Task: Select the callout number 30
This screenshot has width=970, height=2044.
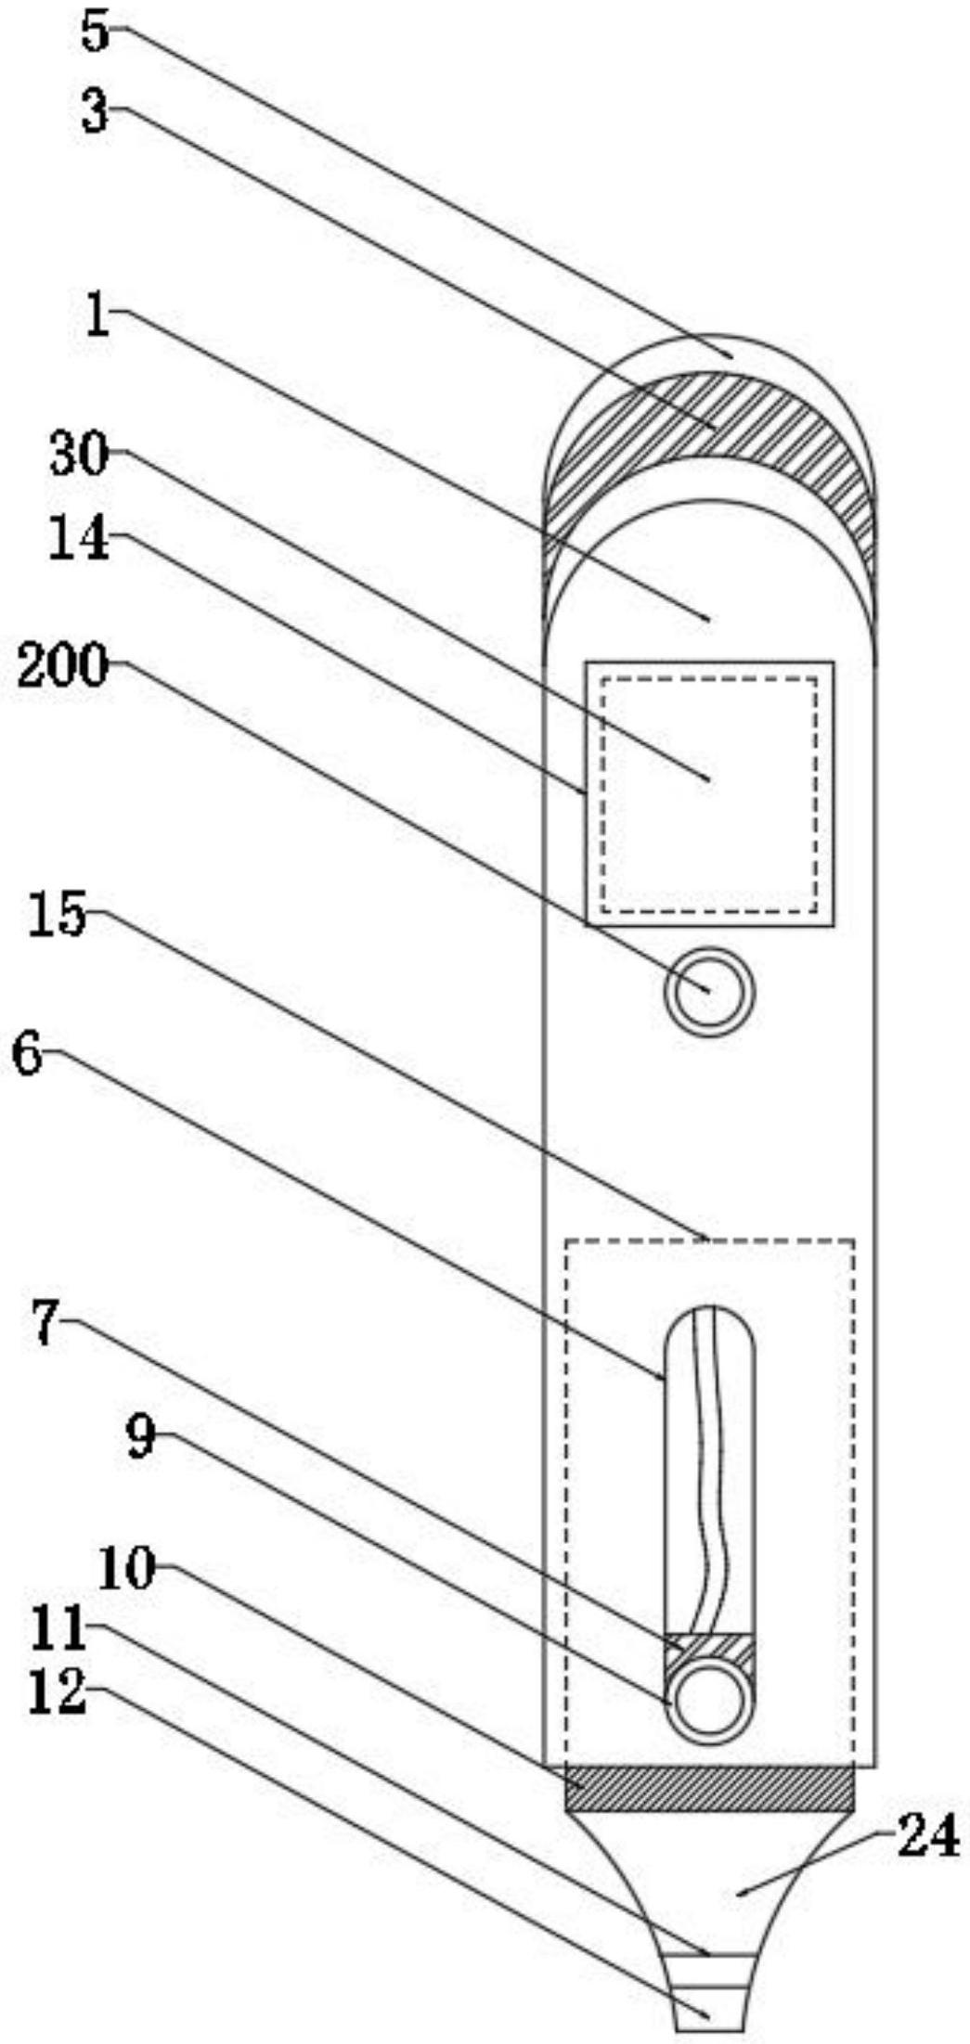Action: pos(80,456)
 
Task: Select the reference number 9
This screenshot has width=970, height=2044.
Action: pos(141,1438)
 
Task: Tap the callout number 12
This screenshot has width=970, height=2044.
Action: pos(58,1690)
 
